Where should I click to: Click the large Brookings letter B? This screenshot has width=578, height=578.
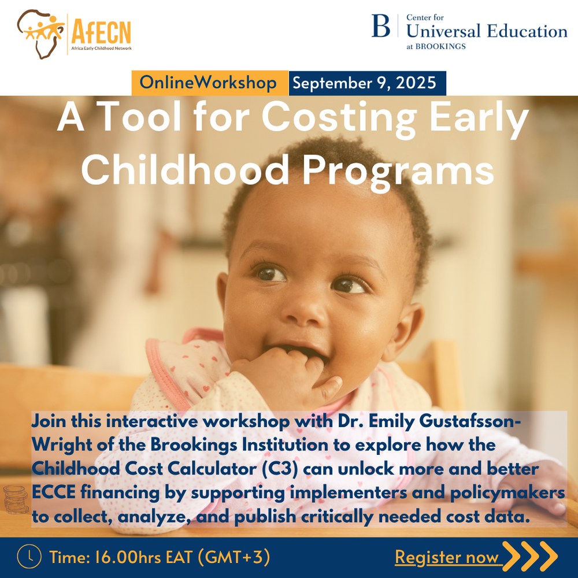pos(381,27)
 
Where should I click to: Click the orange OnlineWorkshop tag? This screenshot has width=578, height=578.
pos(209,83)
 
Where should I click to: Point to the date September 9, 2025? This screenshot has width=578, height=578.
pos(364,83)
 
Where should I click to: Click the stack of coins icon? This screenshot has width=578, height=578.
pos(15,500)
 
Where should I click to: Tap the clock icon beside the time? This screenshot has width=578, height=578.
pos(29,557)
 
